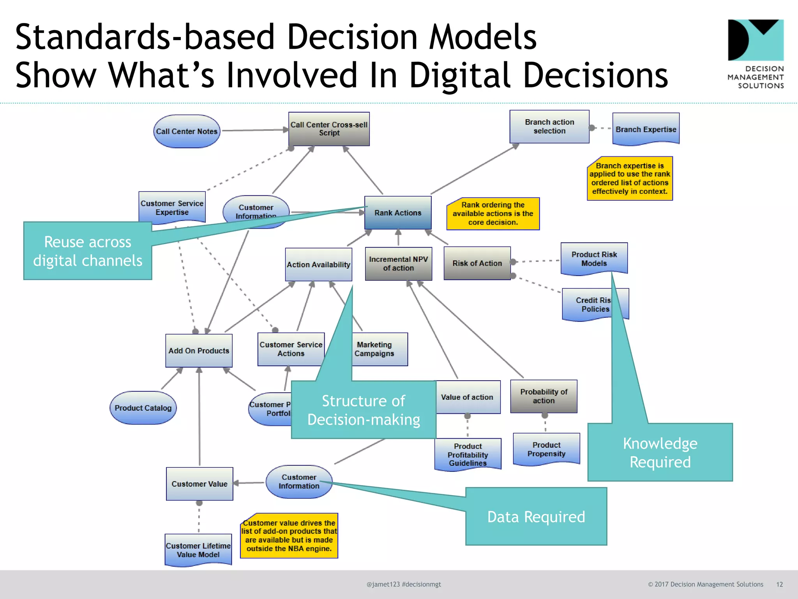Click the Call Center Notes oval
coord(187,131)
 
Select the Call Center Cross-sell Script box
coord(329,129)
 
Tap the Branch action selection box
coord(549,127)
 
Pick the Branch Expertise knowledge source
coord(646,129)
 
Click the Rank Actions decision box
coord(398,213)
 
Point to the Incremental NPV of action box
coord(398,264)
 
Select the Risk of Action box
coord(477,263)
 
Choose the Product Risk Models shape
coord(594,259)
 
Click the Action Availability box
coord(318,265)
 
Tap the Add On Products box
coord(199,351)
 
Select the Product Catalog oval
coord(143,408)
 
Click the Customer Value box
coord(199,484)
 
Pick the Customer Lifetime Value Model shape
coord(198,550)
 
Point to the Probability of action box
coord(544,396)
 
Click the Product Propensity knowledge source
coord(546,449)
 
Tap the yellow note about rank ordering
coord(493,214)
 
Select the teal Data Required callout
coord(536,517)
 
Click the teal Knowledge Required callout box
coord(660,452)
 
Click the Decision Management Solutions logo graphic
coord(756,40)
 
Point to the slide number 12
coord(779,584)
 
